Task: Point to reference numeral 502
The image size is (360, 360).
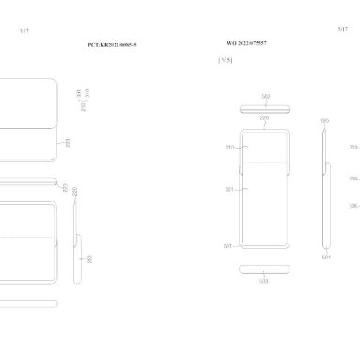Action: click(266, 96)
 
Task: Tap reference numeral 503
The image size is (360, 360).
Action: click(265, 280)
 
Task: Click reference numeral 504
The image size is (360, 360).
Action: click(326, 256)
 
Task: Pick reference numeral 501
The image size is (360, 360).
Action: click(228, 246)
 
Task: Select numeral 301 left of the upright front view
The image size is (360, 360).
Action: click(229, 189)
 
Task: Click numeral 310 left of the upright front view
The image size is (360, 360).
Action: click(229, 149)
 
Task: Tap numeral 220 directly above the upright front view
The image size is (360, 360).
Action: click(265, 118)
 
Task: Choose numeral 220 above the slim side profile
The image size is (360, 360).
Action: click(324, 121)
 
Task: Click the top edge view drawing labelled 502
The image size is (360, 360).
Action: click(266, 105)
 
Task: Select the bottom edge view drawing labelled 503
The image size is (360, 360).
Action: click(266, 270)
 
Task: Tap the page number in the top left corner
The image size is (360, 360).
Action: click(24, 31)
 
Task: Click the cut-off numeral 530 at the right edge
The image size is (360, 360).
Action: click(353, 178)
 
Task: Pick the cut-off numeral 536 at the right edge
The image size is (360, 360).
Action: click(353, 205)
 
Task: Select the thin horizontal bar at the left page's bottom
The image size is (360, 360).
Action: click(28, 303)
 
